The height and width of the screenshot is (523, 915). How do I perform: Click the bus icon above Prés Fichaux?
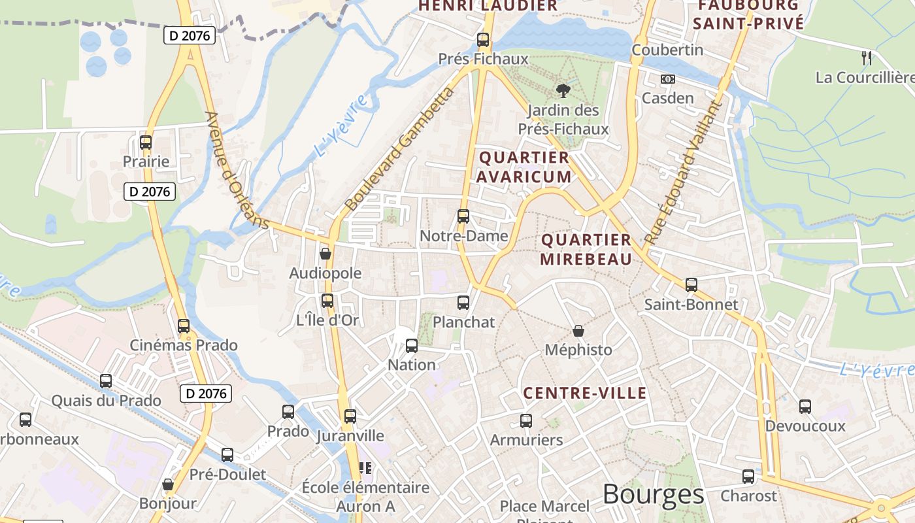[x=483, y=40]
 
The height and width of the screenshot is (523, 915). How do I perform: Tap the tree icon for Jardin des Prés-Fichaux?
[x=563, y=91]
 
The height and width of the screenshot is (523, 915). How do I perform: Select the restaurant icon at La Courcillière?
[x=867, y=58]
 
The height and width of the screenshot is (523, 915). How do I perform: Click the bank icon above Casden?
[x=667, y=79]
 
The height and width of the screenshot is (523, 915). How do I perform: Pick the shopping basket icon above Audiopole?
[x=325, y=254]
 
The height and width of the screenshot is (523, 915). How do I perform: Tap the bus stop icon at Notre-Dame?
[x=463, y=216]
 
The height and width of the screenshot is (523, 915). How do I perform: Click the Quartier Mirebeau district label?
[x=586, y=249]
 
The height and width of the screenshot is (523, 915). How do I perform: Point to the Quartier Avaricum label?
[x=524, y=167]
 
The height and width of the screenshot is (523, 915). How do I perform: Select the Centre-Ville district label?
[x=585, y=393]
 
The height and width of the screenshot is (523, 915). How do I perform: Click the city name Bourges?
[x=653, y=494]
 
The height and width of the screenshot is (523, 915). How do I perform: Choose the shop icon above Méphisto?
[x=578, y=331]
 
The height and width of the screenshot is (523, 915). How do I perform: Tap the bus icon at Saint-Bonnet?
[x=691, y=285]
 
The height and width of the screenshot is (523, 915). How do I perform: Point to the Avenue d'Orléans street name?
[x=237, y=170]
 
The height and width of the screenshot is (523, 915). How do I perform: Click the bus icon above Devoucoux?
[x=805, y=407]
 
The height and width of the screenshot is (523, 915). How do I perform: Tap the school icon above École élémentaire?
[x=365, y=468]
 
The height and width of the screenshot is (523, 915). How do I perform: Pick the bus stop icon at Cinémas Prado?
[x=184, y=326]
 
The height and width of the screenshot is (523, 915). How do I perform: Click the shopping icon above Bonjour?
[x=168, y=484]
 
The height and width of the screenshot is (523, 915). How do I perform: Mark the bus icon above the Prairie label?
[x=146, y=142]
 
